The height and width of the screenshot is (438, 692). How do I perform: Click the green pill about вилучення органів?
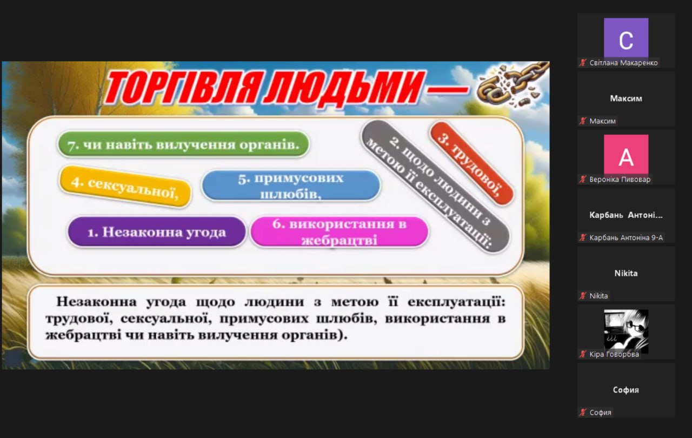pos(183,144)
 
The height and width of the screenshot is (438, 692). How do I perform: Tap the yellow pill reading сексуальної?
pos(125,187)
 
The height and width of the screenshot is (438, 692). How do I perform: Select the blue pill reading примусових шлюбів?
pos(291,185)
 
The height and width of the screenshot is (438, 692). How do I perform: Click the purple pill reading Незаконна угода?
pos(157,232)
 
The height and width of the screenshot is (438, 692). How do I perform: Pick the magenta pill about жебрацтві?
pos(339,232)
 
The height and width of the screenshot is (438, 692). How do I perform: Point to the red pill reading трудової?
pos(471,164)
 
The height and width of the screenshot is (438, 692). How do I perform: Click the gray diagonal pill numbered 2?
pos(435,187)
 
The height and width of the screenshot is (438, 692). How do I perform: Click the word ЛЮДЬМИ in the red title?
pos(343,87)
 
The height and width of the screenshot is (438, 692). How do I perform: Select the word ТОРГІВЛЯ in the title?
pos(183,87)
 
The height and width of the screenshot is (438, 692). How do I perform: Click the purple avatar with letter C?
pos(626,38)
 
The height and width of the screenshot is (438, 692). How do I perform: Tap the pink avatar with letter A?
pos(626,155)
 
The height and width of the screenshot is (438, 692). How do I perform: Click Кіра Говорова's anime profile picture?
pos(626,331)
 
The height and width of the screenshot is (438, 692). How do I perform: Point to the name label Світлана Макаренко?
pos(623,63)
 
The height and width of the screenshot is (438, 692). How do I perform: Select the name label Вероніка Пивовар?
pos(620,179)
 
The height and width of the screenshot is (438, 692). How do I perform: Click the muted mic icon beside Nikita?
pos(583,296)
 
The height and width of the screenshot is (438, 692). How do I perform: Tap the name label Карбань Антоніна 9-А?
pos(626,237)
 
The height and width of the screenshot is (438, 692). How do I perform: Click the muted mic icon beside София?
pos(583,412)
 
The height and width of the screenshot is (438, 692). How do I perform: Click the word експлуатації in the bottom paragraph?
pos(456,302)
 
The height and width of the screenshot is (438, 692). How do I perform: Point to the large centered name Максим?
pos(626,98)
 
